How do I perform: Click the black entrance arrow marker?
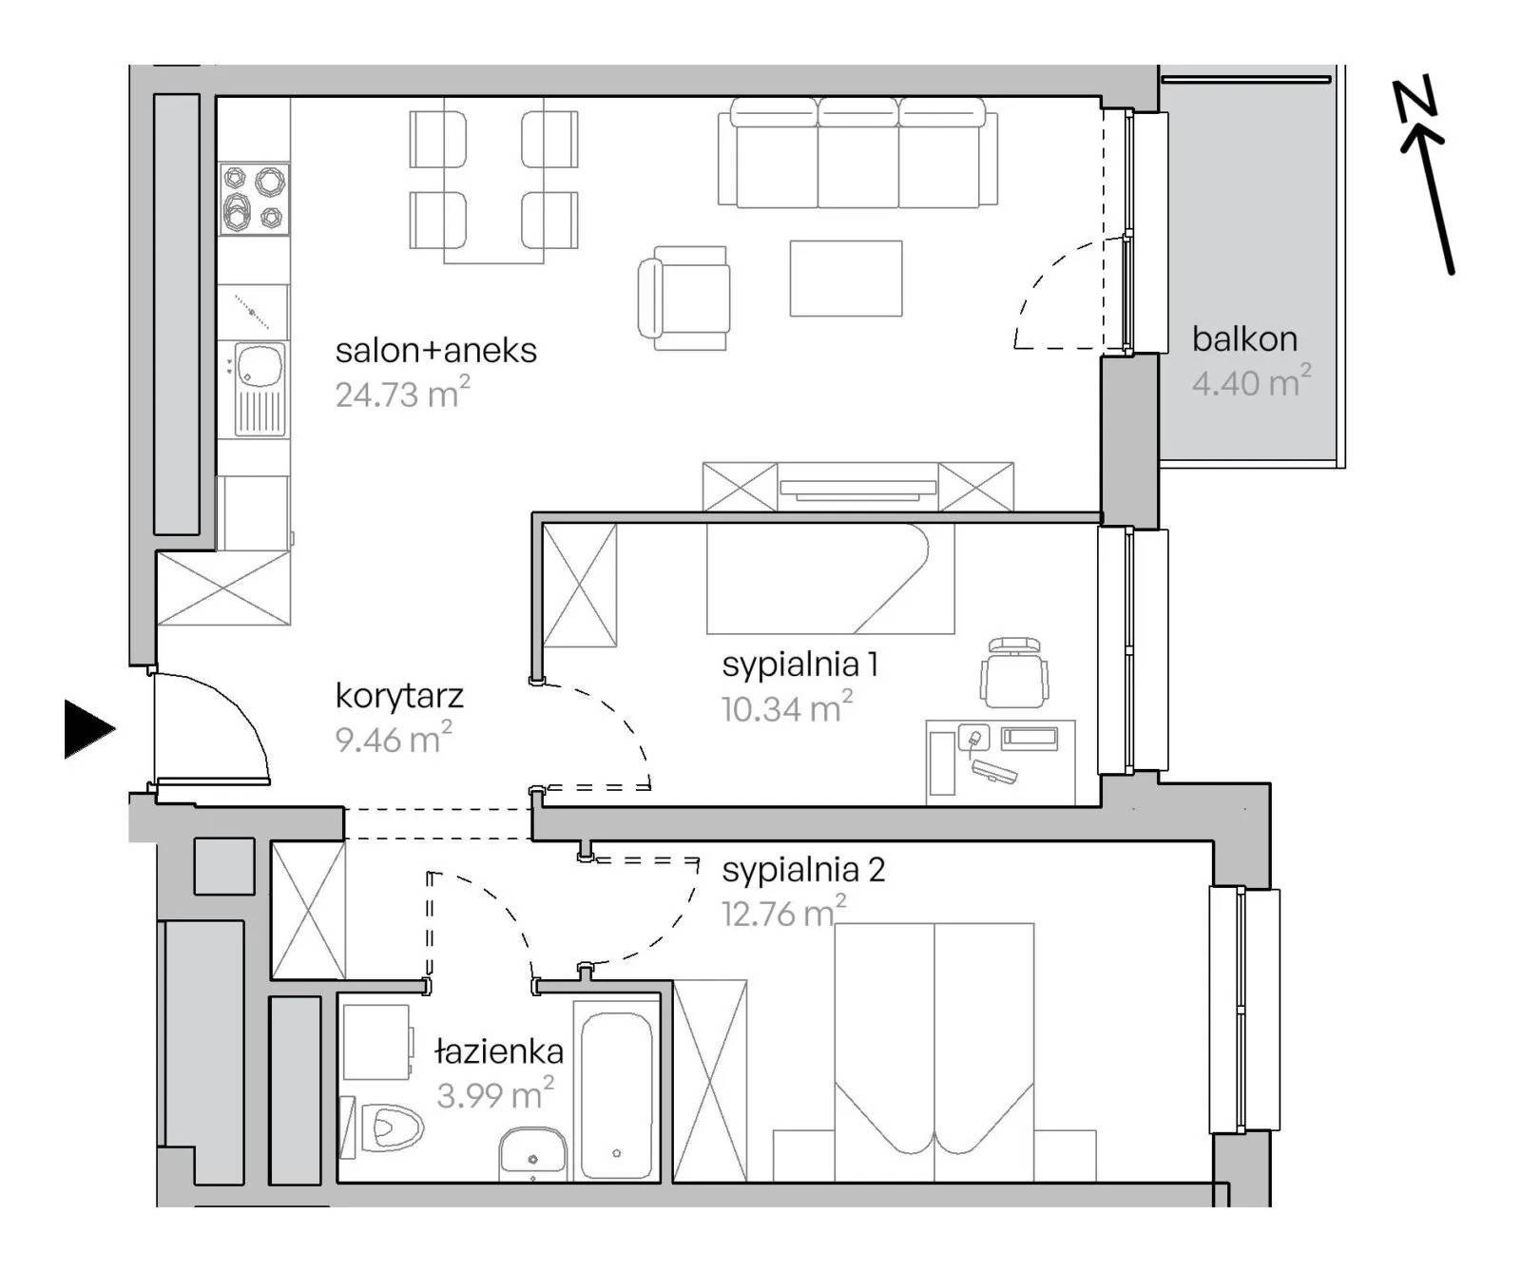coord(88,729)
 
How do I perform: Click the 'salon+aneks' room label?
coord(435,351)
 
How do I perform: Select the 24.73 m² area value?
coord(402,393)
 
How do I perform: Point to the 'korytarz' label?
coord(399,696)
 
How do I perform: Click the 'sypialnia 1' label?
coord(799,665)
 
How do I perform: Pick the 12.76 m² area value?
coord(783,913)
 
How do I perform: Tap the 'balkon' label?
coord(1244,338)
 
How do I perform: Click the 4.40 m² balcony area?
coord(1251,382)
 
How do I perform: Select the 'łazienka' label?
coord(499,1051)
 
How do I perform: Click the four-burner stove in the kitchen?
coord(254,200)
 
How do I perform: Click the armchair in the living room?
coord(683,299)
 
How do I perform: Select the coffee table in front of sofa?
coord(845,278)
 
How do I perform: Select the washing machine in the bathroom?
coord(376,1042)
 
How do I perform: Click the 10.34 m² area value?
coord(787,708)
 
